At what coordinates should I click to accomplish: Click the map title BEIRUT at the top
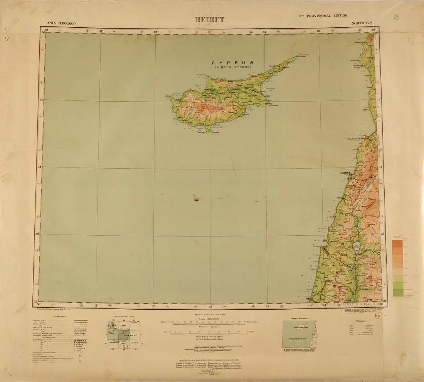click(210, 20)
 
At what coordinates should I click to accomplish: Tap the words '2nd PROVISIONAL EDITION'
click(323, 16)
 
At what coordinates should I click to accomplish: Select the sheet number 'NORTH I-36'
click(362, 23)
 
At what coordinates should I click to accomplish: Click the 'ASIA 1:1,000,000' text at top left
click(61, 23)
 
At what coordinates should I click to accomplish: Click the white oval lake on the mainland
click(357, 248)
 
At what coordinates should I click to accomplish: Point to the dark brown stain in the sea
click(197, 199)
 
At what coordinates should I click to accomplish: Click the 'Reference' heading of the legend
click(60, 317)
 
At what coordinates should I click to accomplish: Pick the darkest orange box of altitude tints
click(397, 244)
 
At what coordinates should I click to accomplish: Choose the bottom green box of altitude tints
click(397, 293)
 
